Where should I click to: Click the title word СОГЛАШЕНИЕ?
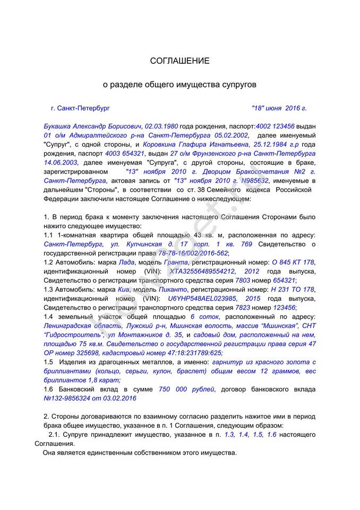pyautogui.click(x=179, y=61)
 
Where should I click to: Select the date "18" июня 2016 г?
pyautogui.click(x=279, y=108)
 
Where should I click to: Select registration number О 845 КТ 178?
pyautogui.click(x=293, y=262)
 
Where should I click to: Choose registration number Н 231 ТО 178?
pyautogui.click(x=293, y=290)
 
